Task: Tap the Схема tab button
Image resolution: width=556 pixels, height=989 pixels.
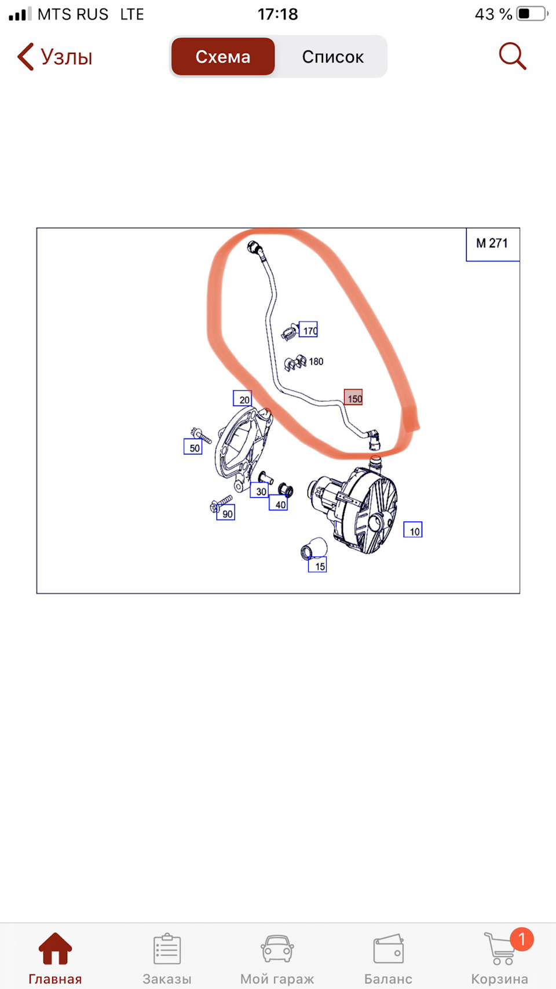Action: coord(223,57)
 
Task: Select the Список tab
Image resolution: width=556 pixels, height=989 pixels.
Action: coord(332,57)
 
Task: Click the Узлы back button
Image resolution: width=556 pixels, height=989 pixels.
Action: coord(54,57)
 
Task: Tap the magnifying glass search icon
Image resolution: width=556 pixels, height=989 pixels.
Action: coord(513,56)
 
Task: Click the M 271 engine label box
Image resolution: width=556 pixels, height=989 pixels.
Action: coord(493,244)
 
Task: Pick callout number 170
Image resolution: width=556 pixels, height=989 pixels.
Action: coord(309,329)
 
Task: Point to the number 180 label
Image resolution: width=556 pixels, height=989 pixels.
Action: coord(316,362)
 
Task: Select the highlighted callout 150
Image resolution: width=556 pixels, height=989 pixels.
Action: coord(353,397)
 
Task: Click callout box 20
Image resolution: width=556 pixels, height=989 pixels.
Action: coord(243,398)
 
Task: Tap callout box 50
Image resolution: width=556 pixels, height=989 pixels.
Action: coord(193,447)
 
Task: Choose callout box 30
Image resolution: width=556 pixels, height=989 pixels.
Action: coord(259,490)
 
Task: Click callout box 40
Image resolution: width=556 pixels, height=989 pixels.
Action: coord(279,503)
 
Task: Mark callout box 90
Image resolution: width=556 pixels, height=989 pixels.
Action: coord(225,513)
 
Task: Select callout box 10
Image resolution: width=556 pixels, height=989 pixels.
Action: coord(413,530)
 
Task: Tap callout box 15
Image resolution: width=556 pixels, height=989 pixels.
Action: coord(318,565)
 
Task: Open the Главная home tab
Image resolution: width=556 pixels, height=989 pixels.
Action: coord(55,958)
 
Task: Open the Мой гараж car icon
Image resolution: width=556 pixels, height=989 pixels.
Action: coord(277,948)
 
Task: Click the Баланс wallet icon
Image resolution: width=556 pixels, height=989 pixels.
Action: coord(388,948)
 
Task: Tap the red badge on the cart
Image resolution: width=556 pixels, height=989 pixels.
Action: coord(522,939)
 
